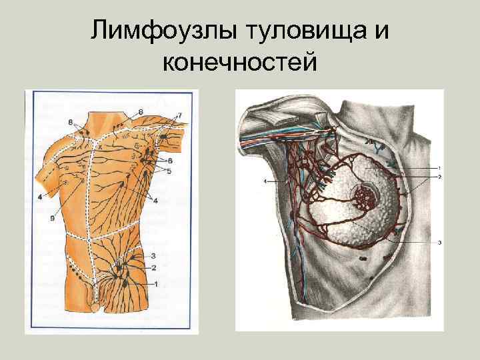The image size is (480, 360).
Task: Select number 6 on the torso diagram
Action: point(170,161)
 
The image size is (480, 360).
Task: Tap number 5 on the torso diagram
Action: point(169,171)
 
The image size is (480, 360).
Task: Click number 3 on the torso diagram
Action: point(153,255)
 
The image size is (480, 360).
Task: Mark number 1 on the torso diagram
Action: point(157,284)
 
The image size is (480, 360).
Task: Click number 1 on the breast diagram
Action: point(439,166)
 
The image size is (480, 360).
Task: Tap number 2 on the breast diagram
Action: point(439,177)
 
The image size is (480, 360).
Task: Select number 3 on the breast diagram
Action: point(439,243)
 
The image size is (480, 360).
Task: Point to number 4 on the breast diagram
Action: point(265,181)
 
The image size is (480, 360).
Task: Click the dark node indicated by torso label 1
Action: point(127,282)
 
